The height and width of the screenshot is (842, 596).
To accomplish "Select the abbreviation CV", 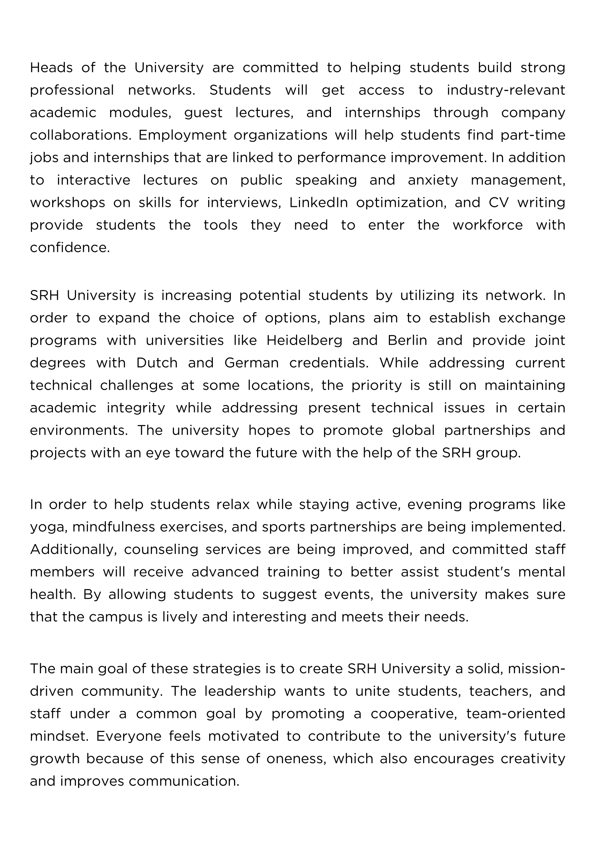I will (x=498, y=203).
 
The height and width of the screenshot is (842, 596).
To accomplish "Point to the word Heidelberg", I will (x=304, y=340).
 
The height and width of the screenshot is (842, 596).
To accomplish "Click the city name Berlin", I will (x=407, y=340).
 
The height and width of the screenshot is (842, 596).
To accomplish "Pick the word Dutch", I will (x=157, y=363).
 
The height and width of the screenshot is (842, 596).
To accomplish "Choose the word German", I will (x=251, y=363).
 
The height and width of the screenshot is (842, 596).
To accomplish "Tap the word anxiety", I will (x=433, y=180).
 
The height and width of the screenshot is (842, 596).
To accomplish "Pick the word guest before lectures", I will (x=203, y=113).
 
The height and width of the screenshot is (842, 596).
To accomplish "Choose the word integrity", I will (x=136, y=408).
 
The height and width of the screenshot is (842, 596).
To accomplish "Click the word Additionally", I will (x=73, y=549).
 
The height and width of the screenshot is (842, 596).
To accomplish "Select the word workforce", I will (x=487, y=225).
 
